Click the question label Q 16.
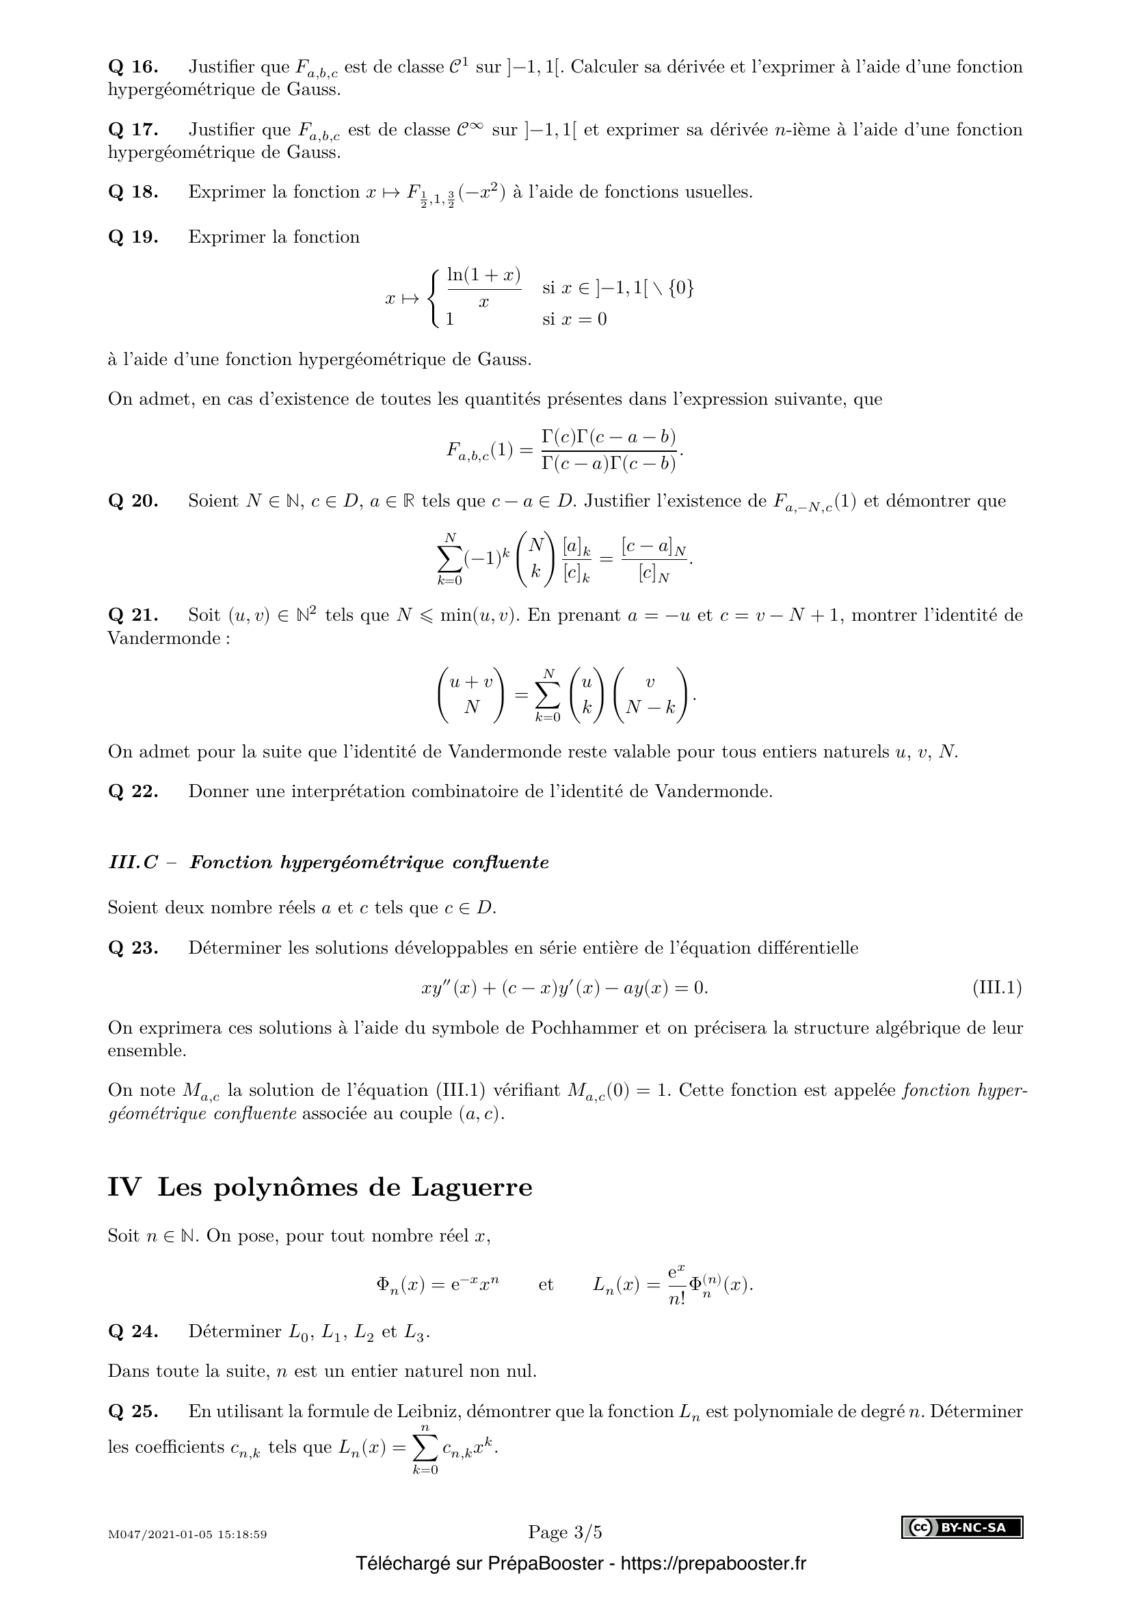(133, 67)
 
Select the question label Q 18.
(133, 192)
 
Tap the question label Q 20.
(133, 500)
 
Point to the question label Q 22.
(133, 791)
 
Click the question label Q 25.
(133, 1412)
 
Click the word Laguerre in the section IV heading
(472, 1187)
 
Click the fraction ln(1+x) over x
(484, 288)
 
